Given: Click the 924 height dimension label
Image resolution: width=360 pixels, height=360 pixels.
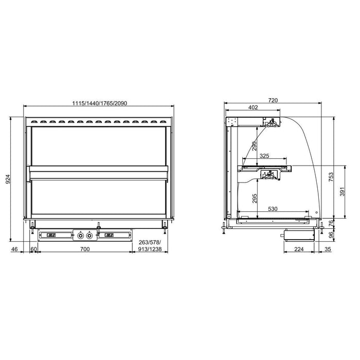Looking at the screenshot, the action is tap(8, 179).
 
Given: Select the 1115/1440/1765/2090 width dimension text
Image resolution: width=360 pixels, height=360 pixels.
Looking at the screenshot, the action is tap(100, 103).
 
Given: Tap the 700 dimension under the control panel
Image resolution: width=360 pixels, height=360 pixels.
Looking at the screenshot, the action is tap(85, 249).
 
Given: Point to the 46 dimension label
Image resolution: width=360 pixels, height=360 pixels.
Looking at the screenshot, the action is tap(14, 249).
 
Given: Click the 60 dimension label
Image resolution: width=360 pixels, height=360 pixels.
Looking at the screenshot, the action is tap(34, 249).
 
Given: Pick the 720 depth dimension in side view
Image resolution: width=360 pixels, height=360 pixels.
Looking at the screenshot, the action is tap(273, 100).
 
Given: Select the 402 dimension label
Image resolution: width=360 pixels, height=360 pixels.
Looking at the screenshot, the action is tap(253, 107).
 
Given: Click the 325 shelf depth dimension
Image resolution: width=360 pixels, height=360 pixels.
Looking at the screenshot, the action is tap(264, 156).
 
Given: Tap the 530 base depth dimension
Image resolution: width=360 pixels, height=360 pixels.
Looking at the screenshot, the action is tap(273, 209).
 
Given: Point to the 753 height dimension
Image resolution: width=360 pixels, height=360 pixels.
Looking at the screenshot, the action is tap(331, 177).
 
